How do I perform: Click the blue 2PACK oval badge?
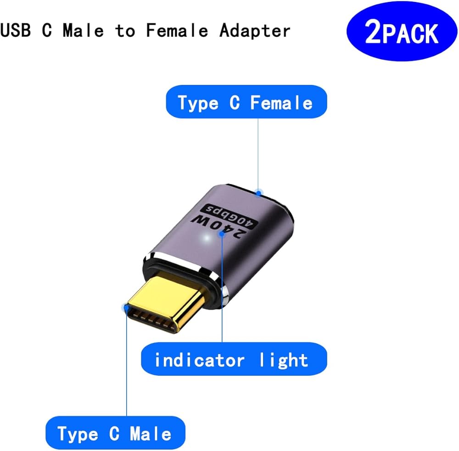(x=402, y=32)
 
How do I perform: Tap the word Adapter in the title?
(x=255, y=31)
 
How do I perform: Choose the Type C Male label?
(x=115, y=434)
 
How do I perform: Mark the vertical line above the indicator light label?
(x=222, y=294)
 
